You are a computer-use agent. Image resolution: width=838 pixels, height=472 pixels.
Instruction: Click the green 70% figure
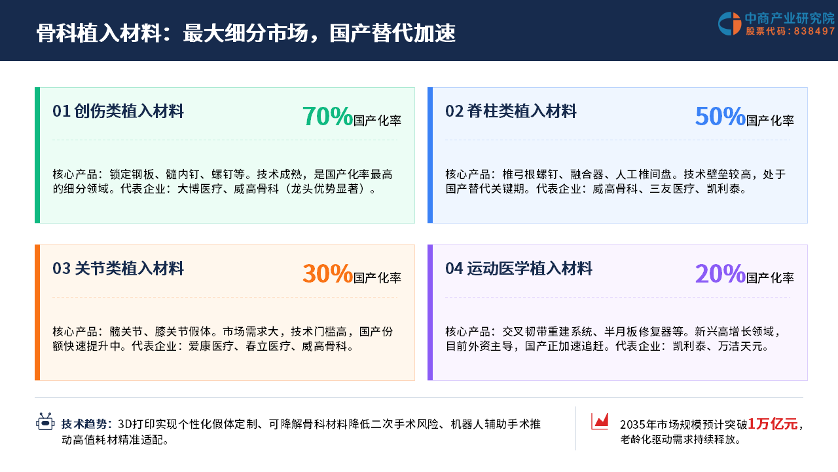coord(327,116)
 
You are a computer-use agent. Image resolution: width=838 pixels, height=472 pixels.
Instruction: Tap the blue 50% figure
coord(720,116)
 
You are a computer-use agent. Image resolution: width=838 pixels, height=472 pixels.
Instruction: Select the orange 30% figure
coord(327,273)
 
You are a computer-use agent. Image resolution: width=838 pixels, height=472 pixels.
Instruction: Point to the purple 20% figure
coord(720,273)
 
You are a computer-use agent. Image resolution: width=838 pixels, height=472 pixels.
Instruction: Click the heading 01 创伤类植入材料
coord(118,111)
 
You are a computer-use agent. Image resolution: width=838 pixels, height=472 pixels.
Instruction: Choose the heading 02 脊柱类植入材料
coord(511,111)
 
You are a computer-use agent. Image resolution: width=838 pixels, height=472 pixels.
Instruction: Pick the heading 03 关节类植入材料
coord(118,269)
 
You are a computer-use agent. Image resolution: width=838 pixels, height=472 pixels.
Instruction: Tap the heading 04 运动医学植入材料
coord(519,269)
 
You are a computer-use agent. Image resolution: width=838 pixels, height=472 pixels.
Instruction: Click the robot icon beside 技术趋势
coord(45,422)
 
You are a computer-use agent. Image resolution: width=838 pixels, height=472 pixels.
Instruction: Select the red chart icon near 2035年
coord(600,421)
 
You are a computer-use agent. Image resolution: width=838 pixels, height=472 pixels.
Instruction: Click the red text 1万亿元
coord(773,424)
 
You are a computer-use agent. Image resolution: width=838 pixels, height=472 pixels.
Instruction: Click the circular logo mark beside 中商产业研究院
coord(729,24)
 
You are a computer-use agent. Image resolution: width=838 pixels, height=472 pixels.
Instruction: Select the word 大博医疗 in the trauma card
coord(200,189)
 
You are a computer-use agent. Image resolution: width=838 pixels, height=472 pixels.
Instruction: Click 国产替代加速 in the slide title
coord(392,33)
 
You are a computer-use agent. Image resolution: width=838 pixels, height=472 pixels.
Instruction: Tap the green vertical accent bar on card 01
coord(37,155)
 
